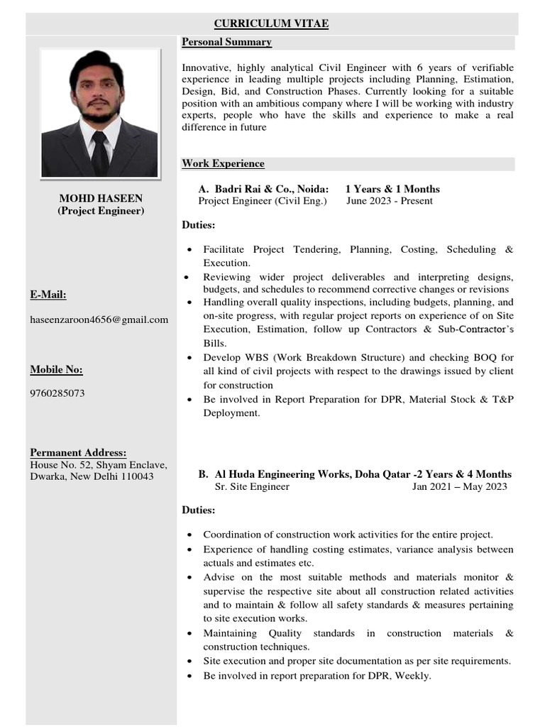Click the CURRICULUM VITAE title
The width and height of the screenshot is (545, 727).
pyautogui.click(x=272, y=24)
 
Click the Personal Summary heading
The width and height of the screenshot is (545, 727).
pyautogui.click(x=226, y=43)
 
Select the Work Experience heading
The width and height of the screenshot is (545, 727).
pyautogui.click(x=223, y=164)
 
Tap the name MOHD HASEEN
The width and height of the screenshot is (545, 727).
pyautogui.click(x=100, y=198)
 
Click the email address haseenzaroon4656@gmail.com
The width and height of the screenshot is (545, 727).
pyautogui.click(x=99, y=319)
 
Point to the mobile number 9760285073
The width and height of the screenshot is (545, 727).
pyautogui.click(x=57, y=393)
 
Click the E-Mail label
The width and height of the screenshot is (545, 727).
pyautogui.click(x=48, y=295)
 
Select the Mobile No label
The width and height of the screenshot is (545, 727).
pyautogui.click(x=56, y=370)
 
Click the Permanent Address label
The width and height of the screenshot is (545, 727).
pyautogui.click(x=78, y=453)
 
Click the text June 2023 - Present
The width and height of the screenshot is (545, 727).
pyautogui.click(x=389, y=201)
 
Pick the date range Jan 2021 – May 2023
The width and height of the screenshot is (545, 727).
pyautogui.click(x=459, y=487)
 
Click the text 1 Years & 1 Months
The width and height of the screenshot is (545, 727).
pyautogui.click(x=392, y=189)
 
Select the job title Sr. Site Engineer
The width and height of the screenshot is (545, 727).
pyautogui.click(x=252, y=487)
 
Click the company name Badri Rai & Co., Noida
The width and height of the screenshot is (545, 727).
pyautogui.click(x=271, y=189)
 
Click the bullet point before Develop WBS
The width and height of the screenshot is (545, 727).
pyautogui.click(x=189, y=358)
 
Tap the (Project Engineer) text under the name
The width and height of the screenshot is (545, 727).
pyautogui.click(x=100, y=211)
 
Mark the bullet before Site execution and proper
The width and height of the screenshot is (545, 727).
pyautogui.click(x=189, y=662)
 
